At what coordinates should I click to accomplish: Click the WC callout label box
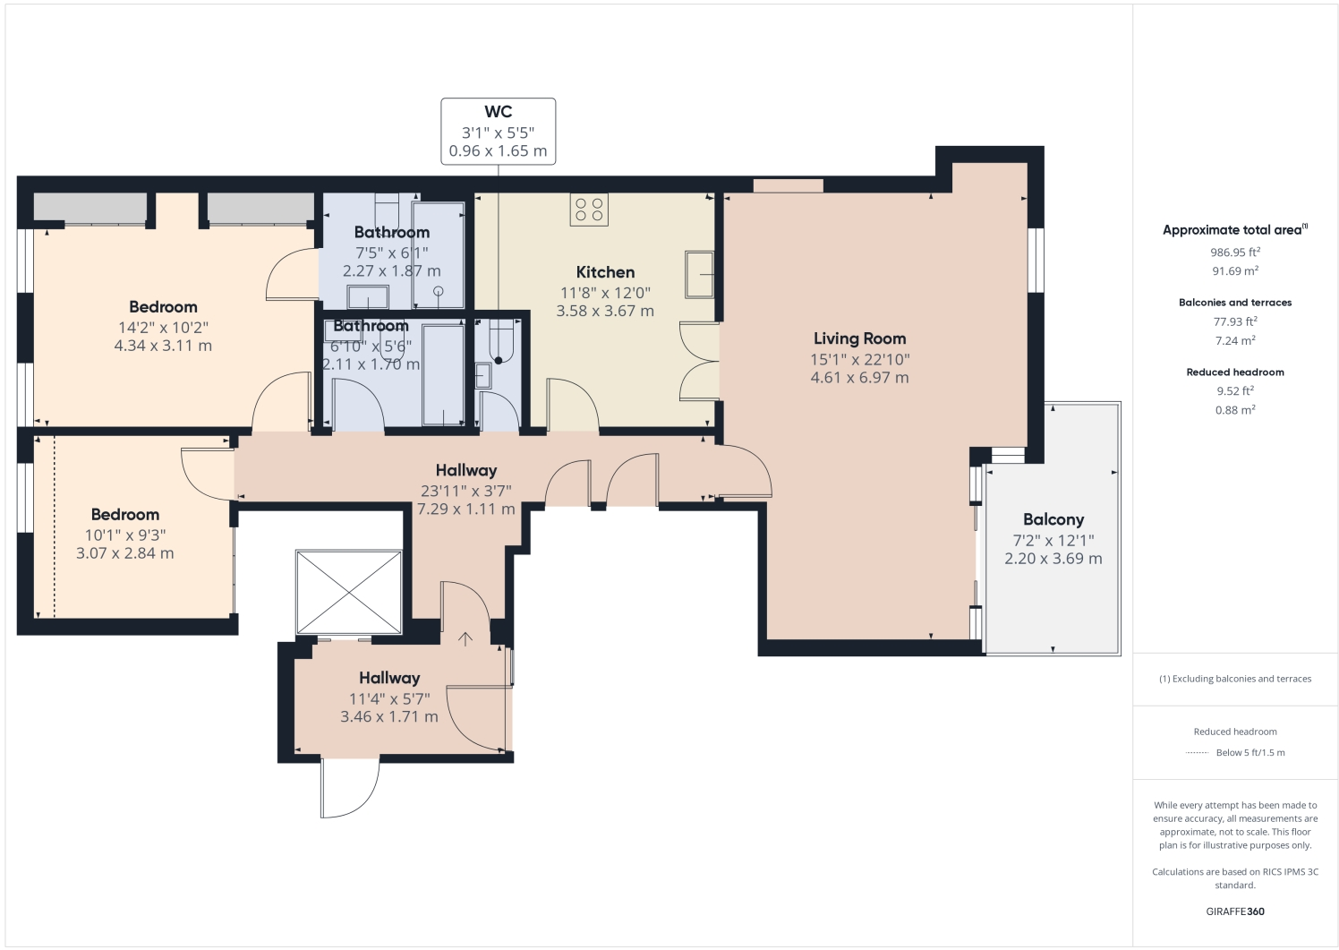tap(498, 132)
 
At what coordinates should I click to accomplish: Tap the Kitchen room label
tap(605, 272)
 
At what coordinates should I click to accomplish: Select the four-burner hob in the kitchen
tap(589, 210)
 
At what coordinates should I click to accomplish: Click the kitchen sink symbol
tap(699, 274)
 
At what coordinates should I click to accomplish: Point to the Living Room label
tap(859, 338)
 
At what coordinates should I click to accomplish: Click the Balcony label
tap(1053, 519)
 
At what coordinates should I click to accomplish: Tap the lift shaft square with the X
tap(349, 593)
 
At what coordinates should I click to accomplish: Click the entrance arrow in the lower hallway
tap(465, 639)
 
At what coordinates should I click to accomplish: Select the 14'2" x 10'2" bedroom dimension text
tap(163, 327)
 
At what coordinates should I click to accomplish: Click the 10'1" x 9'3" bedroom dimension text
tap(125, 535)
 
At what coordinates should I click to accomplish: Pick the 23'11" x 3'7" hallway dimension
tap(465, 490)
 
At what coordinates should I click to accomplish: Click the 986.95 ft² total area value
tap(1235, 252)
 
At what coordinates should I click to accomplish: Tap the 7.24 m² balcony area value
tap(1235, 340)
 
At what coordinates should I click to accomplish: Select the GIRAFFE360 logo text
tap(1235, 911)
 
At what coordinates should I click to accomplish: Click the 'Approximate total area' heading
tap(1233, 230)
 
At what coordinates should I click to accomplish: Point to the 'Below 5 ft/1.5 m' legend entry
tap(1249, 752)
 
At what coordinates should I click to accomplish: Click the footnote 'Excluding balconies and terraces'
tap(1235, 679)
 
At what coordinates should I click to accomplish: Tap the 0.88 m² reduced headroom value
tap(1235, 410)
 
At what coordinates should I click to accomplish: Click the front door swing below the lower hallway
tap(349, 788)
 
